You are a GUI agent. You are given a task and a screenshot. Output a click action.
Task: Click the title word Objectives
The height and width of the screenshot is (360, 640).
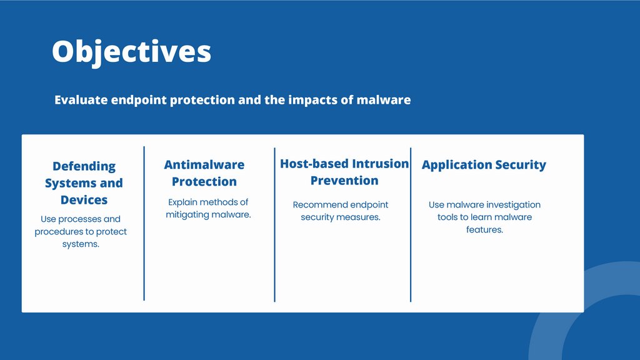[x=131, y=52]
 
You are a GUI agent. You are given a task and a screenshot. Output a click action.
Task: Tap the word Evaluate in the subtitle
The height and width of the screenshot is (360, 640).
[x=81, y=100]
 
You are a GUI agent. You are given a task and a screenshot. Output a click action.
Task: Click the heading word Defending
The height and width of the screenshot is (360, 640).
[x=84, y=166]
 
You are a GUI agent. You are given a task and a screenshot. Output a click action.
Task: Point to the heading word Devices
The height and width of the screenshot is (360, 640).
[x=84, y=200]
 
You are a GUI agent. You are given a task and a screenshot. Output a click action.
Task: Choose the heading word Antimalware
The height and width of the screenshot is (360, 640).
[x=204, y=165]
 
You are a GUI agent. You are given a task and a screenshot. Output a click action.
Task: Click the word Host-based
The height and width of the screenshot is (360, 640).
[x=314, y=164]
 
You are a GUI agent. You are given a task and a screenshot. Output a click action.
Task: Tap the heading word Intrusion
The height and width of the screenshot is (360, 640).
[x=381, y=164]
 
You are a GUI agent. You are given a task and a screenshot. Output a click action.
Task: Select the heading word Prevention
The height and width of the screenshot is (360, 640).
[x=344, y=181]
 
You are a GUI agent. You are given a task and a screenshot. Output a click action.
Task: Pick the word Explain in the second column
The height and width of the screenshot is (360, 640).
[x=183, y=202]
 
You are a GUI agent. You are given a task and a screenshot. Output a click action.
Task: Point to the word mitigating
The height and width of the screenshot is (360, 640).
[x=185, y=215]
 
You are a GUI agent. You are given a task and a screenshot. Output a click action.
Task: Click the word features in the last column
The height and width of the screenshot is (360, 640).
[x=484, y=230]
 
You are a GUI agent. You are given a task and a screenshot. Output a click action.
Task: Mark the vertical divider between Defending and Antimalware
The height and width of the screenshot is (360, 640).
[x=144, y=223]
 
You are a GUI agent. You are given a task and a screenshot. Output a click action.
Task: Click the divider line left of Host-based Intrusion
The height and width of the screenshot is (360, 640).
[x=275, y=224]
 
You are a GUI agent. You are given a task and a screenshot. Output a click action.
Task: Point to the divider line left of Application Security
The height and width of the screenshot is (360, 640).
[x=411, y=224]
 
